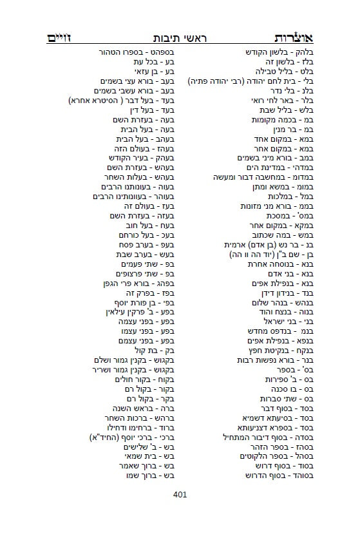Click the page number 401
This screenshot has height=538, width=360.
(x=180, y=495)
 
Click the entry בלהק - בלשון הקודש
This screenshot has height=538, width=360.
(x=279, y=52)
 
